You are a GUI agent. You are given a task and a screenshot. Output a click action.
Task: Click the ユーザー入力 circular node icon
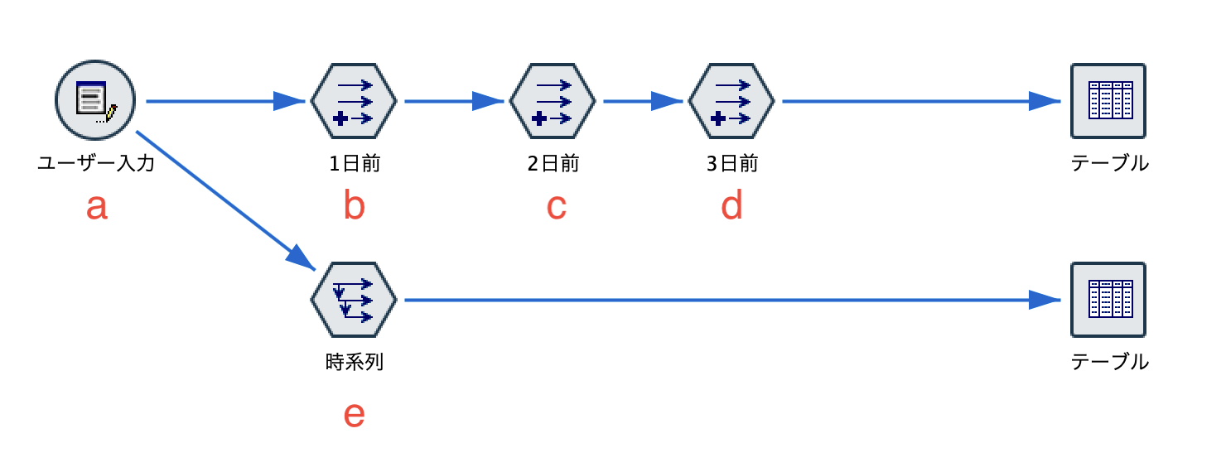tap(95, 101)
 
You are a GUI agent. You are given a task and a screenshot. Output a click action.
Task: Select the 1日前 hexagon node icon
tap(354, 101)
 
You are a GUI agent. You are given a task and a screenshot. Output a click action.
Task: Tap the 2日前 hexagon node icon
tap(553, 101)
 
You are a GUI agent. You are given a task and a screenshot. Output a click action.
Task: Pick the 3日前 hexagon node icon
tap(731, 101)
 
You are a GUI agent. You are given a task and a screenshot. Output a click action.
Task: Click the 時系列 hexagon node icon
tap(354, 300)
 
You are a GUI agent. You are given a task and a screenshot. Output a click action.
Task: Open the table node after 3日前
tap(1108, 101)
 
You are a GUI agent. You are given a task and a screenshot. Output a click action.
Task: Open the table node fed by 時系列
tap(1108, 300)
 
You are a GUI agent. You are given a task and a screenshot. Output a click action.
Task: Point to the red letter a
tap(97, 207)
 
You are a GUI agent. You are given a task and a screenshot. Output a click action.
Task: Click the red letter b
tap(354, 206)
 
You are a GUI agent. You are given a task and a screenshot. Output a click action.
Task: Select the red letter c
tap(556, 207)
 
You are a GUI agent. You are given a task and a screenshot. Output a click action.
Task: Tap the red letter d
tap(731, 206)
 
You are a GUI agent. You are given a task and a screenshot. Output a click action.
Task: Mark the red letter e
tap(354, 415)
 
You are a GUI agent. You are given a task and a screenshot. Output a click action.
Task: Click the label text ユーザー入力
tap(96, 164)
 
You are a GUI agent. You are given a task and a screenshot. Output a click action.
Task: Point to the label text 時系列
tap(355, 363)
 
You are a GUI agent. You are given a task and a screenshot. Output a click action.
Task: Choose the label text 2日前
tap(553, 164)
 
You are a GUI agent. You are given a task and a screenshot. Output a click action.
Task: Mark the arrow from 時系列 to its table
tap(729, 301)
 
